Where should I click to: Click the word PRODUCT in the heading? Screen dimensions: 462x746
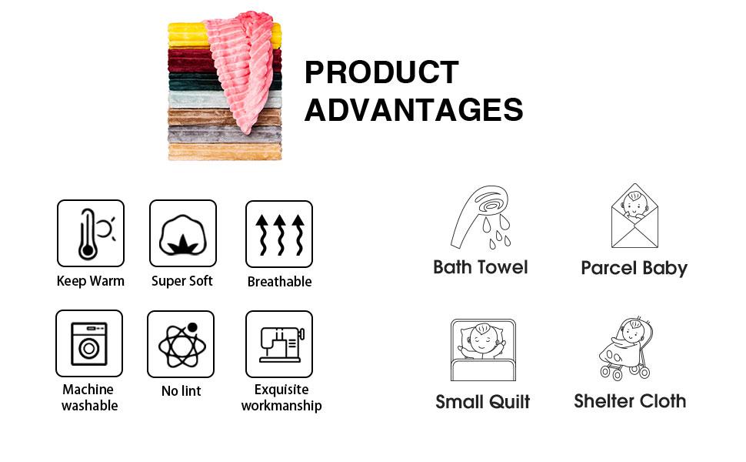tap(381, 72)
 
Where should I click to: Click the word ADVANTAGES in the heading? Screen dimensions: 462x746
tap(414, 110)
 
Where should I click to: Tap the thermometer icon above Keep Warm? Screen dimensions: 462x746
tap(91, 233)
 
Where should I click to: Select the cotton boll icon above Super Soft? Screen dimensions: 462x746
tap(183, 233)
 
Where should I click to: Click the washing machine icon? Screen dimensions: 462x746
tap(89, 343)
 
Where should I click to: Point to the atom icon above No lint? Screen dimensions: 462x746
tap(181, 344)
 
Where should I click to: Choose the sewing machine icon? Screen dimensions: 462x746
tap(279, 344)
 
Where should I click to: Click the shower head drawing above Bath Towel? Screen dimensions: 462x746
tap(480, 218)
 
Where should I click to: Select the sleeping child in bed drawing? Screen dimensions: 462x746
tap(482, 350)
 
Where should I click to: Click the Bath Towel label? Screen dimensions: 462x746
tap(481, 267)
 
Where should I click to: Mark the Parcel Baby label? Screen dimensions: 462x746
tap(634, 268)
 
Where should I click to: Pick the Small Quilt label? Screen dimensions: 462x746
tap(482, 401)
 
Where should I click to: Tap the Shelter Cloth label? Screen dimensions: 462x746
tap(630, 400)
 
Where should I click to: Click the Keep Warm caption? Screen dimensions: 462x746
tap(90, 281)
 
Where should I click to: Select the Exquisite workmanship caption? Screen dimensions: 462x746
tap(281, 397)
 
